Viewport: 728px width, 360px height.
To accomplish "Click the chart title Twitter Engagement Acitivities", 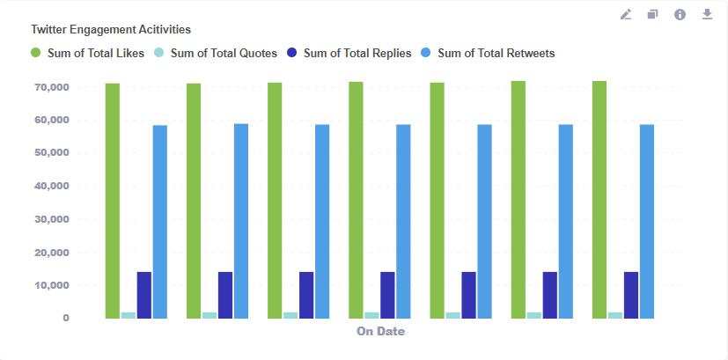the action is [x=111, y=29].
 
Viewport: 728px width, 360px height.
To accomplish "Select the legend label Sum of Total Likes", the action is [x=96, y=53].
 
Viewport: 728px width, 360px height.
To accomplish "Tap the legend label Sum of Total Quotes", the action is [x=224, y=53].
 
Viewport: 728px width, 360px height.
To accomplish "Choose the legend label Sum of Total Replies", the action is [x=357, y=53].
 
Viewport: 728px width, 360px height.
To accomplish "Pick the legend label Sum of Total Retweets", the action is [x=496, y=53].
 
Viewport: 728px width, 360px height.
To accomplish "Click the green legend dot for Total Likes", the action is [x=36, y=53].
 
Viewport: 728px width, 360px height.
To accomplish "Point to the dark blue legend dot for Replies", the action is [x=292, y=53].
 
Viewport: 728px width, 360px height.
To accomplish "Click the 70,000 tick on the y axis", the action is [x=52, y=87].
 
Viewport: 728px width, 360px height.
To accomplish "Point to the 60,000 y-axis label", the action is [x=52, y=120].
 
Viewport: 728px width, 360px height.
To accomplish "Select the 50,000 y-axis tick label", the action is [x=52, y=153].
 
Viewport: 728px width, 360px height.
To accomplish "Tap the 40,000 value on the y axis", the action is [x=52, y=186].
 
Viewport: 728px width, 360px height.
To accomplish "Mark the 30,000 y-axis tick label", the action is [x=52, y=219].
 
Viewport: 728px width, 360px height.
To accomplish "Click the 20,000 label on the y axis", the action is [x=52, y=253].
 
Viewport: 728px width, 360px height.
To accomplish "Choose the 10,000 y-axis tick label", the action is [x=52, y=285].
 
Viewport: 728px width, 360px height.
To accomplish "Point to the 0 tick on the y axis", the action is [x=66, y=318].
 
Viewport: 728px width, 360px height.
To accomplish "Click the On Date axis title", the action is [x=380, y=331].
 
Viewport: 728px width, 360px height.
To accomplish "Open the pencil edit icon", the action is [x=626, y=15].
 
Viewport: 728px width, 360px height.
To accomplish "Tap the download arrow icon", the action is [x=707, y=15].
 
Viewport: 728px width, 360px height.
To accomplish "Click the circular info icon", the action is [x=680, y=15].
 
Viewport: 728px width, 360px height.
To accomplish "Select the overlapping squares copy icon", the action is [x=653, y=15].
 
